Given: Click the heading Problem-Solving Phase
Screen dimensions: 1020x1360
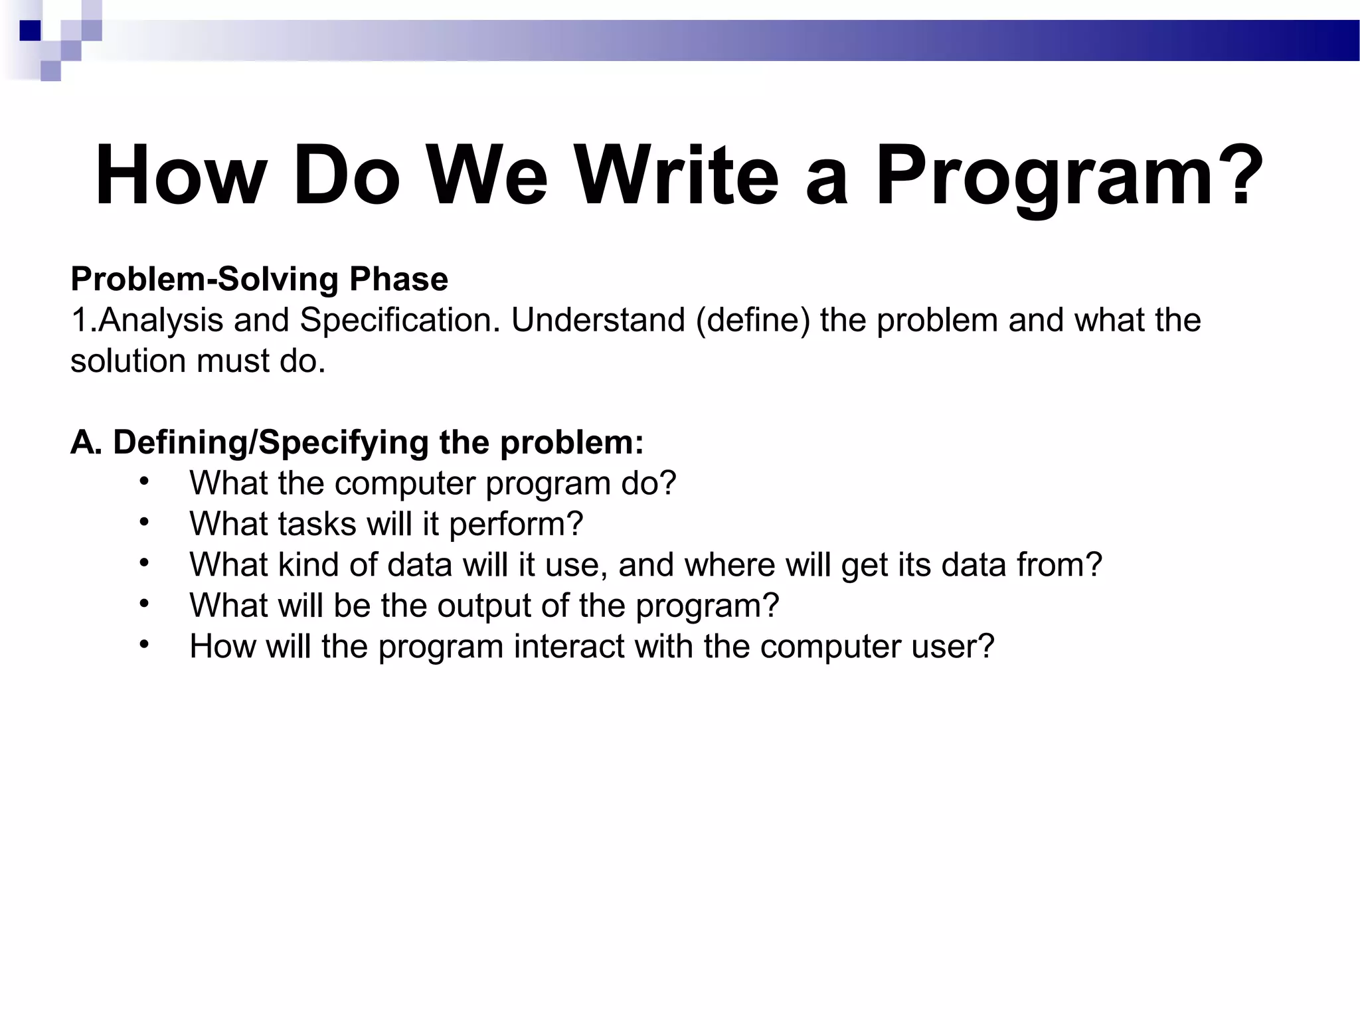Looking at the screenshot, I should click(x=259, y=279).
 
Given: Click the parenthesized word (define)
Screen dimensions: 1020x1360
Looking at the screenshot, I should click(x=753, y=321).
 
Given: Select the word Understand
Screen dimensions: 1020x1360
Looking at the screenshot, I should click(x=598, y=321).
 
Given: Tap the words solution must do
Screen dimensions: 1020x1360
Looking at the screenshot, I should click(x=198, y=361).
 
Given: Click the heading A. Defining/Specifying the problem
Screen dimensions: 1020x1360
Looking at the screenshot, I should click(x=357, y=442).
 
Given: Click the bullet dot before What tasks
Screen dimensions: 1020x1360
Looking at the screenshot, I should click(x=144, y=522).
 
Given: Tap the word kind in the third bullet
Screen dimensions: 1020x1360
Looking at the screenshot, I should click(x=308, y=565).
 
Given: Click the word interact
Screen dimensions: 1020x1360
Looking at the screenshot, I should click(x=569, y=647).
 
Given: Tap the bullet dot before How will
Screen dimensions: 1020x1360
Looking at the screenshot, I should click(x=144, y=644).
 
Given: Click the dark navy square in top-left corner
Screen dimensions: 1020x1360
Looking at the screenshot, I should click(x=31, y=31).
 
